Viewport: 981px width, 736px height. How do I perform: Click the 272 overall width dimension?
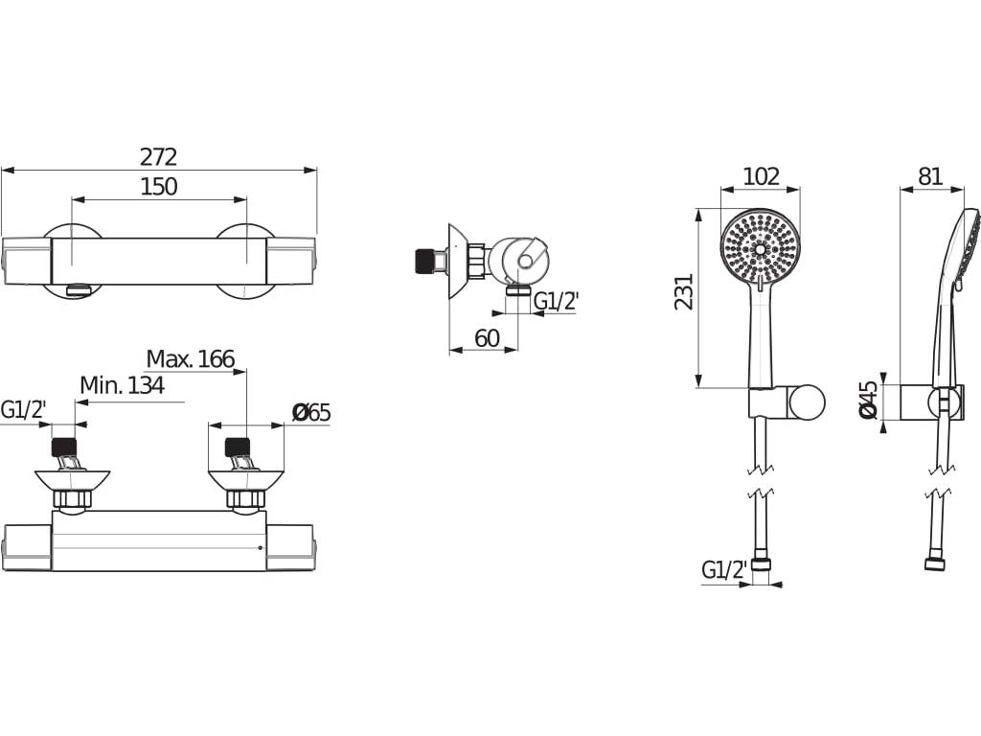pyautogui.click(x=158, y=156)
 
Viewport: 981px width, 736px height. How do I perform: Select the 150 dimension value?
pyautogui.click(x=158, y=187)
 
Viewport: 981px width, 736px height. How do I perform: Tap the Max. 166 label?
pyautogui.click(x=191, y=358)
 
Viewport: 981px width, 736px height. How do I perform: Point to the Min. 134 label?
pyautogui.click(x=122, y=385)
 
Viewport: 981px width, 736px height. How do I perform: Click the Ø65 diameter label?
pyautogui.click(x=311, y=412)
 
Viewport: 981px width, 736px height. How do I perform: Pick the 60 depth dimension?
pyautogui.click(x=487, y=338)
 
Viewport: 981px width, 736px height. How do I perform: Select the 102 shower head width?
pyautogui.click(x=761, y=176)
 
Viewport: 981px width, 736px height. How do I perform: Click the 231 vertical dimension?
pyautogui.click(x=685, y=291)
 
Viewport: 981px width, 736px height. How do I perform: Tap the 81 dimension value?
pyautogui.click(x=930, y=176)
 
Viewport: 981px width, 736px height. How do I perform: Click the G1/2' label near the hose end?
pyautogui.click(x=724, y=569)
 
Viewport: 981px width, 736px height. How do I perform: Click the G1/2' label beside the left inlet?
pyautogui.click(x=24, y=410)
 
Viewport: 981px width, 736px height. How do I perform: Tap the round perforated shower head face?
pyautogui.click(x=761, y=248)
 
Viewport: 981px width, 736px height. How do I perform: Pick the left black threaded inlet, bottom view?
pyautogui.click(x=63, y=447)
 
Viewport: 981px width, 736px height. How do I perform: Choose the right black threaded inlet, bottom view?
pyautogui.click(x=238, y=447)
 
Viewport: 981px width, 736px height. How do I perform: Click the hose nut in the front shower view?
pyautogui.click(x=761, y=564)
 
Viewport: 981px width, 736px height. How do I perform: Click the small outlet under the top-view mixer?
pyautogui.click(x=79, y=288)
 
